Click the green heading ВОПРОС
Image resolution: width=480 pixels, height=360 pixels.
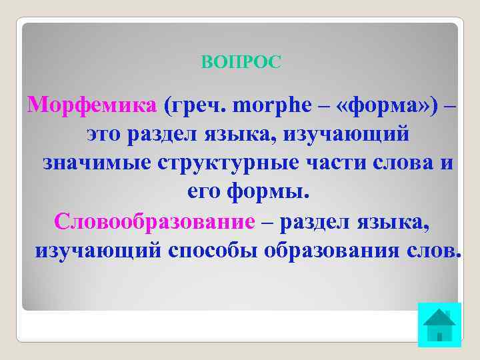pyautogui.click(x=241, y=63)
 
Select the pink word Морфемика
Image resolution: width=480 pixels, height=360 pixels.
pyautogui.click(x=93, y=105)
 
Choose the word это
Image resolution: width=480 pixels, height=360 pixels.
pyautogui.click(x=107, y=135)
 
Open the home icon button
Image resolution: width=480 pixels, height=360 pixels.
pyautogui.click(x=439, y=325)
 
